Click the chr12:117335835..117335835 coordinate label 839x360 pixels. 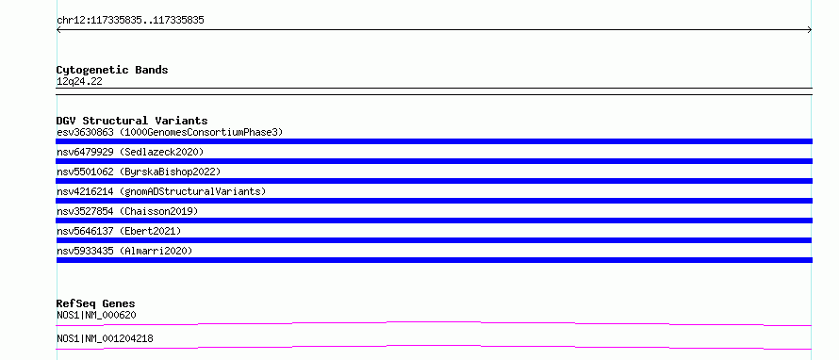point(130,21)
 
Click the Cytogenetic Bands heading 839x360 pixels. point(112,70)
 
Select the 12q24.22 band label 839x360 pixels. point(79,82)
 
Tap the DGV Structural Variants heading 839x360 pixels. point(132,121)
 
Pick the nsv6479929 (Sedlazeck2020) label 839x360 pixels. point(130,152)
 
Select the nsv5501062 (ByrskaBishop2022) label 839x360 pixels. point(139,172)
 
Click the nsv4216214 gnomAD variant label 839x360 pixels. point(161,191)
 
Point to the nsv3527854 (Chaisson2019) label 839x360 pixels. point(127,211)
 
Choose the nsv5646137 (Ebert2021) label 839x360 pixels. point(119,231)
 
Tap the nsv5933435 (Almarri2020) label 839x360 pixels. point(124,251)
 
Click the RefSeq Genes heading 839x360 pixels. point(96,303)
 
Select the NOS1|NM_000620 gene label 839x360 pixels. point(96,315)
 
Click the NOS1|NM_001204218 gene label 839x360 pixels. point(105,338)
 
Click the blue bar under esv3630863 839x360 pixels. point(434,141)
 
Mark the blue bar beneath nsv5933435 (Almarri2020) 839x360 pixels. point(434,260)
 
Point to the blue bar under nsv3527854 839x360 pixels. point(434,221)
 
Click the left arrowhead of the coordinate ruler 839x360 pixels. point(58,30)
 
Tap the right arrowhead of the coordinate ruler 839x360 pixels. point(810,30)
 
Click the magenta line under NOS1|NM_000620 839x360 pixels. point(434,322)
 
